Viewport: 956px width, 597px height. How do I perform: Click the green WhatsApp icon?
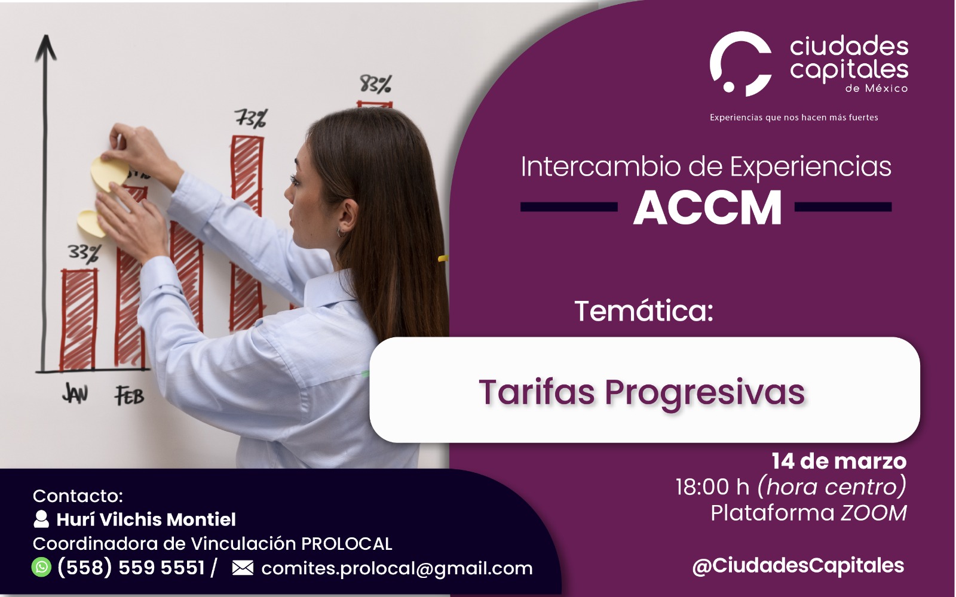tap(41, 567)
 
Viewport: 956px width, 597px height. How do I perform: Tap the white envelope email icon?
tap(243, 568)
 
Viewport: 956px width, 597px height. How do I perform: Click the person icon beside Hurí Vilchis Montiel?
tap(41, 519)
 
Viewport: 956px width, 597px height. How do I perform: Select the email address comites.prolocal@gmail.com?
tap(397, 568)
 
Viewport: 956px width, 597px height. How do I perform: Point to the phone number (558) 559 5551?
tap(131, 568)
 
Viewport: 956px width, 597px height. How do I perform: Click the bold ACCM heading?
tap(707, 208)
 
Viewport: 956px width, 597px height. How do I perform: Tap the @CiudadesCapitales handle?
tap(798, 566)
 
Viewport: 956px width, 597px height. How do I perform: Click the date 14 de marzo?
tap(839, 461)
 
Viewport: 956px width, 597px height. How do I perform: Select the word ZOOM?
tap(874, 513)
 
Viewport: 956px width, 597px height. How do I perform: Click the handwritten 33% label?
tap(84, 253)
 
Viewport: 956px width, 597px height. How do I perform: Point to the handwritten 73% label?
tap(252, 118)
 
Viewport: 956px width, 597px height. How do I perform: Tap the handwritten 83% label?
tap(375, 84)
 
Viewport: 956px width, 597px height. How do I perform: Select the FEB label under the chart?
tap(129, 396)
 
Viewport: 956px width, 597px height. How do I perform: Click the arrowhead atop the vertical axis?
tap(45, 47)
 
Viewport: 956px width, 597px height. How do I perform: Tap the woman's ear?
tap(347, 216)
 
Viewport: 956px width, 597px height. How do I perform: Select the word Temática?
tap(644, 311)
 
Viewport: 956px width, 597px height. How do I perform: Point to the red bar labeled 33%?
tap(78, 320)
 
